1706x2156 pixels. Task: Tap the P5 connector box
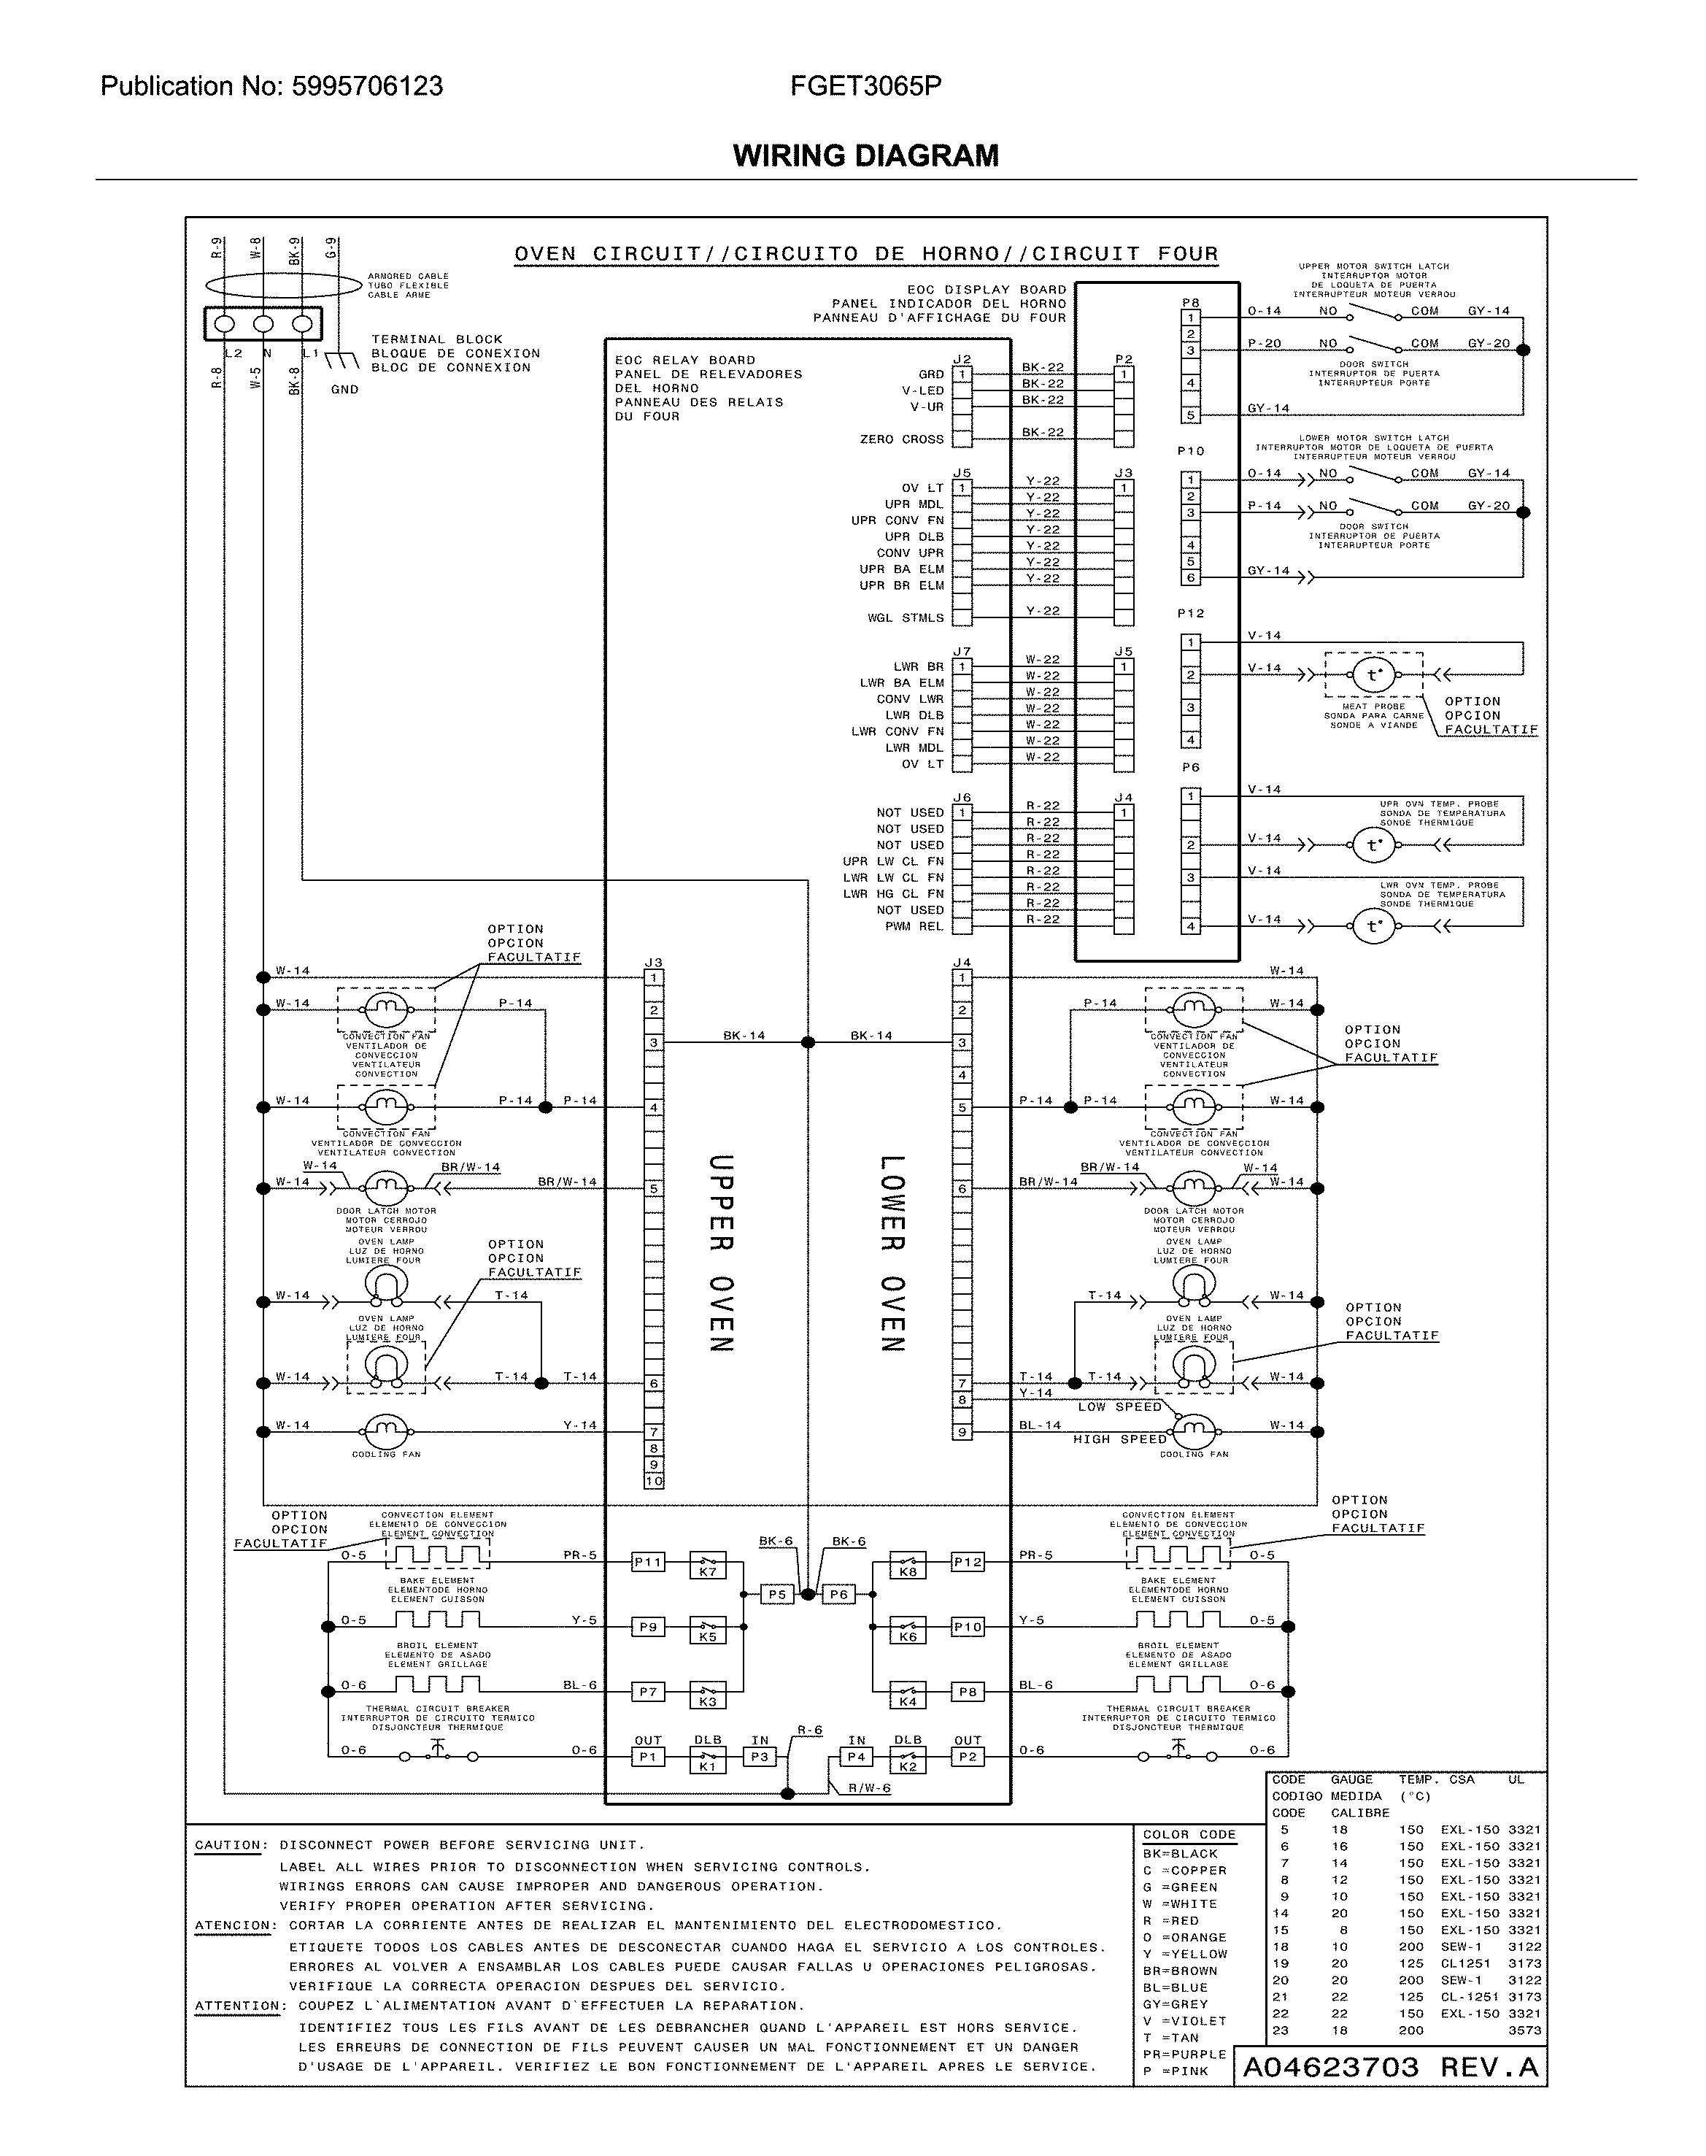point(777,1595)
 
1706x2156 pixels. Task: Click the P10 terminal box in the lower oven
point(967,1627)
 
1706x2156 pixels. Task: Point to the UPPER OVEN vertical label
point(721,1253)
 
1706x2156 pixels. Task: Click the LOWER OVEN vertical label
point(892,1253)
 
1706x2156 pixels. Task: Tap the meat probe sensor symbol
point(1373,675)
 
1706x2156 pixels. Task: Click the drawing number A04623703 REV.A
point(1390,2067)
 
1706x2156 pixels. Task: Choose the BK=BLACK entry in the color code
point(1181,1853)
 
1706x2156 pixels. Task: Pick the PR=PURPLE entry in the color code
point(1184,2054)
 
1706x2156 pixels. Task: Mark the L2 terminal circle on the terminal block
point(225,324)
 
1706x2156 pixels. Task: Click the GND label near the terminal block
point(344,390)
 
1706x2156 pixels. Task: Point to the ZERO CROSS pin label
point(901,439)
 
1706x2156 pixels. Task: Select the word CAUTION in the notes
point(231,1845)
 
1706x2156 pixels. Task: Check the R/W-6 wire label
point(868,1788)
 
